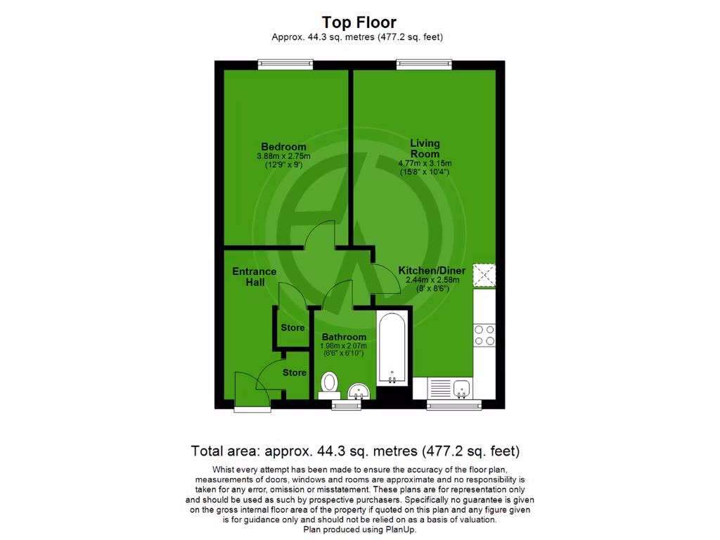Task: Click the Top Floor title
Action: tap(359, 22)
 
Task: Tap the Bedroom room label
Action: tap(281, 147)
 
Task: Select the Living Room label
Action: tap(425, 148)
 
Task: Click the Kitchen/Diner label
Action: tap(428, 271)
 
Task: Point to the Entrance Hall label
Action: tap(255, 276)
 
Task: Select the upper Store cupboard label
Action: tap(292, 328)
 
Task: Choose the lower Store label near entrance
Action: tap(295, 373)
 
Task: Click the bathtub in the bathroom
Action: tap(392, 348)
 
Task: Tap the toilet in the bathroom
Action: tap(329, 385)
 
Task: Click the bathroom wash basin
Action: tap(359, 390)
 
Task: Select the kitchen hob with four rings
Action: tap(484, 335)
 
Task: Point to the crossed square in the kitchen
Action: tap(484, 276)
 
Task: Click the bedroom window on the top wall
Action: tap(285, 64)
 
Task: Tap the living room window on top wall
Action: tap(424, 64)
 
